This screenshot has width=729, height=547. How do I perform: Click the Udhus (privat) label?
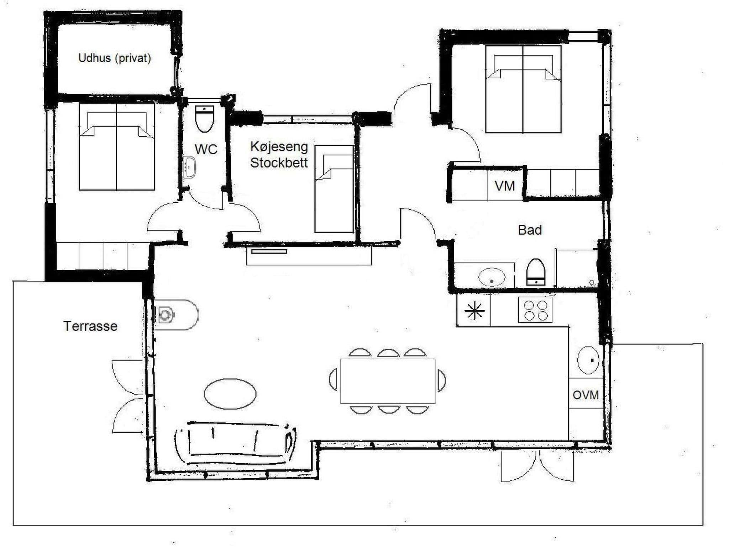(115, 58)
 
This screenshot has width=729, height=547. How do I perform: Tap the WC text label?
(206, 149)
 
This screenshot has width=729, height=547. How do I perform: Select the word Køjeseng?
(279, 146)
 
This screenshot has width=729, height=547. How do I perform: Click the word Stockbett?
(279, 163)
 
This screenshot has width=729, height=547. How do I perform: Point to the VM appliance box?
(505, 186)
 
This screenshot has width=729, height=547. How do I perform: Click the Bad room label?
(530, 230)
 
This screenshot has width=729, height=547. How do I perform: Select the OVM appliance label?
(586, 395)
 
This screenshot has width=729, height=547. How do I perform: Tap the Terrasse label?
(90, 326)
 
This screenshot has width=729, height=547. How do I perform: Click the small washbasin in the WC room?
(189, 168)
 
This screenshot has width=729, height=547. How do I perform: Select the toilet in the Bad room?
(536, 272)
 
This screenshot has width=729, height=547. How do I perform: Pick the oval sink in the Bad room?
(492, 277)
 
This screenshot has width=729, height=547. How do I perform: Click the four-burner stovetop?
(535, 310)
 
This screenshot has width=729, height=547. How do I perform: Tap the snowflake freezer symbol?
(474, 311)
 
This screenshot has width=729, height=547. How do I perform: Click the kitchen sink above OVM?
(588, 360)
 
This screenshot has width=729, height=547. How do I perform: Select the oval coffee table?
(230, 394)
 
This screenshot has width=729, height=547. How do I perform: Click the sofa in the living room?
(236, 443)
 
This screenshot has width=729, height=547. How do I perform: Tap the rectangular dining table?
(388, 381)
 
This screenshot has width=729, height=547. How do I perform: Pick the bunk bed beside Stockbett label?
(334, 189)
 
